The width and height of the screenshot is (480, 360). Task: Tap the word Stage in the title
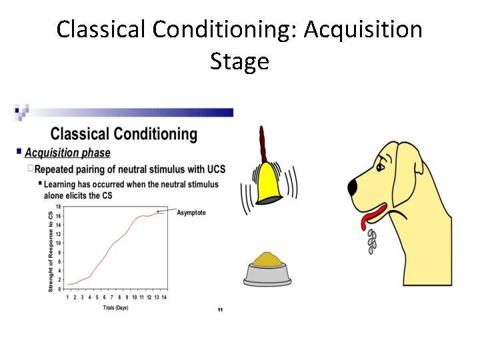(x=239, y=61)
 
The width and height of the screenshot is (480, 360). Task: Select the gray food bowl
(x=267, y=274)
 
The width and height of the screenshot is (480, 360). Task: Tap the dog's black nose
(x=353, y=186)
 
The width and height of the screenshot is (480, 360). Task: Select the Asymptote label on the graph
(x=191, y=213)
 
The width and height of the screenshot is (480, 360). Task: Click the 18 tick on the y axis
(x=58, y=207)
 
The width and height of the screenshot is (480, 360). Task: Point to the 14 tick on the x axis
(x=163, y=297)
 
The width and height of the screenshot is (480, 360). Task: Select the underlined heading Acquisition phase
(x=67, y=153)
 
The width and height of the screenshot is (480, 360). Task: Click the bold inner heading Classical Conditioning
(x=124, y=134)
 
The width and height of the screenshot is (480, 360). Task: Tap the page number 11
(x=220, y=310)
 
